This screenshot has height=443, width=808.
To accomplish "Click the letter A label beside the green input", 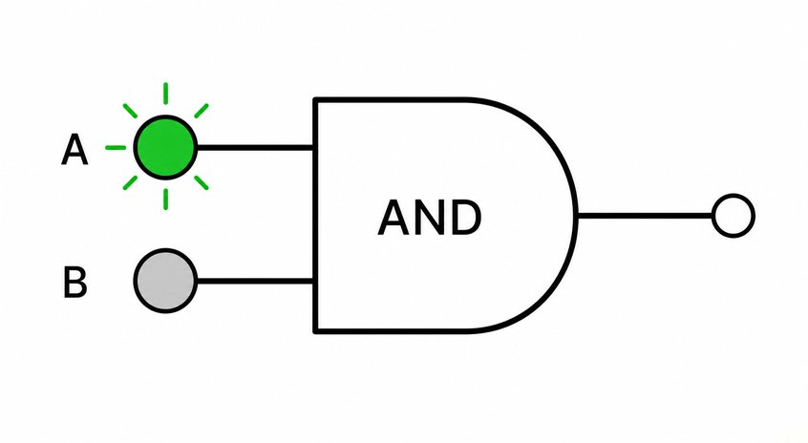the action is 74,149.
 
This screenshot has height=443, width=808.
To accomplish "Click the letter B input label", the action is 75,282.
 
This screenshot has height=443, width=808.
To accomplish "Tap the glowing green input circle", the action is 165,147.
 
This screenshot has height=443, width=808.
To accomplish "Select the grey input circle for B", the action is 165,281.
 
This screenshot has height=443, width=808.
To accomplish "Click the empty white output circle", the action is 734,216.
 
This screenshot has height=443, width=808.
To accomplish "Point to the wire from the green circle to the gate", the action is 256,148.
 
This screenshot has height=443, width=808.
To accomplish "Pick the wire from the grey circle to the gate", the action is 256,282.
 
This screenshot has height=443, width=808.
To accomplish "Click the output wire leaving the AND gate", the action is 645,216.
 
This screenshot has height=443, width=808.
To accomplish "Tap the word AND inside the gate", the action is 430,218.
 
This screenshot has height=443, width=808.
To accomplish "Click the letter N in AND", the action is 431,218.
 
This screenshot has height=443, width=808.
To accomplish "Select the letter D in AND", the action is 467,218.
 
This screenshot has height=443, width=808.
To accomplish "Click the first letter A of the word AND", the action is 394,218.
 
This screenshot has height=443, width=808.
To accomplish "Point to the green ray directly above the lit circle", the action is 165,94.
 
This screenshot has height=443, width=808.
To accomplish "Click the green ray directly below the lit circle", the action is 165,200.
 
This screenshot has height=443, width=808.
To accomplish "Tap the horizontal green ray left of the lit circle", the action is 116,148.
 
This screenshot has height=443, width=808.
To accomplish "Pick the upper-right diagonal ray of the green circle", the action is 202,111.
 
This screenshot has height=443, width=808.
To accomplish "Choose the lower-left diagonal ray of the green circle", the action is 131,183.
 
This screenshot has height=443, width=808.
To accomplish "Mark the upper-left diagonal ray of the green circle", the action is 131,111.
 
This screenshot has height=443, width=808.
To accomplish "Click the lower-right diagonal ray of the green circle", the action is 202,183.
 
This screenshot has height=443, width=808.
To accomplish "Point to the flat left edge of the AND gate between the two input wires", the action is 316,214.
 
